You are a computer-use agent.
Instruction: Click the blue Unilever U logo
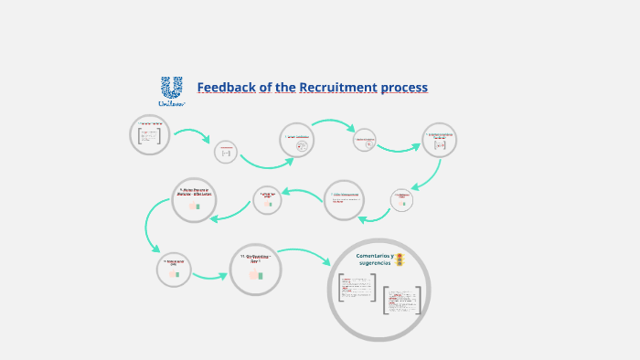tap(171, 87)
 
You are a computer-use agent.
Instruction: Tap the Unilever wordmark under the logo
tap(171, 103)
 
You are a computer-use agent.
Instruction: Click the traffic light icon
tap(400, 260)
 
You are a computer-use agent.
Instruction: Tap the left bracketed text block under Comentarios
tap(356, 288)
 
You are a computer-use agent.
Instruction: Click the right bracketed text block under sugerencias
tap(402, 301)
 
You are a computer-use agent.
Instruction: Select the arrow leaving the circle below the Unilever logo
tap(192, 137)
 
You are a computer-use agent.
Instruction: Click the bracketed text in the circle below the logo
tap(150, 135)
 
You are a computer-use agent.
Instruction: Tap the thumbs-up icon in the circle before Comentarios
tap(255, 274)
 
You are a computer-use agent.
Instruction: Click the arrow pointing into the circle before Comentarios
tap(210, 274)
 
